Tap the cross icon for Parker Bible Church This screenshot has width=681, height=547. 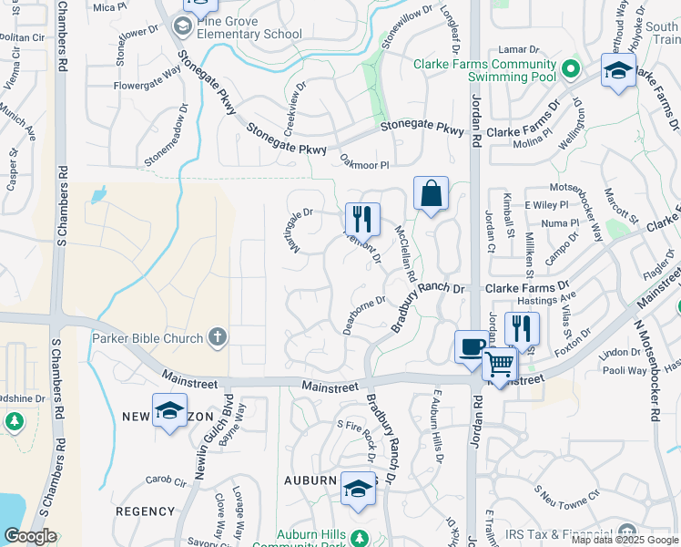pyautogui.click(x=217, y=338)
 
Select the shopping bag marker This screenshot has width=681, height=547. pyautogui.click(x=431, y=194)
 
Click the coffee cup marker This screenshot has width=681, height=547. pyautogui.click(x=472, y=347)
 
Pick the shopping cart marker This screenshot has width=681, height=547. pyautogui.click(x=500, y=364)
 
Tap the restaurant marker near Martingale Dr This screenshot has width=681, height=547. pyautogui.click(x=362, y=220)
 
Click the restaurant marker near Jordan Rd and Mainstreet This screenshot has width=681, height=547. pyautogui.click(x=522, y=328)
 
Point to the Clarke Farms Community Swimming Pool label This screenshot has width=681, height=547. pyautogui.click(x=484, y=70)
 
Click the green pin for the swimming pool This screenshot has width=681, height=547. pyautogui.click(x=571, y=68)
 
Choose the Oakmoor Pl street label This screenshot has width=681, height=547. pyautogui.click(x=364, y=165)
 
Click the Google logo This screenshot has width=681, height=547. pyautogui.click(x=31, y=536)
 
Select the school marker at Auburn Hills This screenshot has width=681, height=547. pyautogui.click(x=359, y=490)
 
